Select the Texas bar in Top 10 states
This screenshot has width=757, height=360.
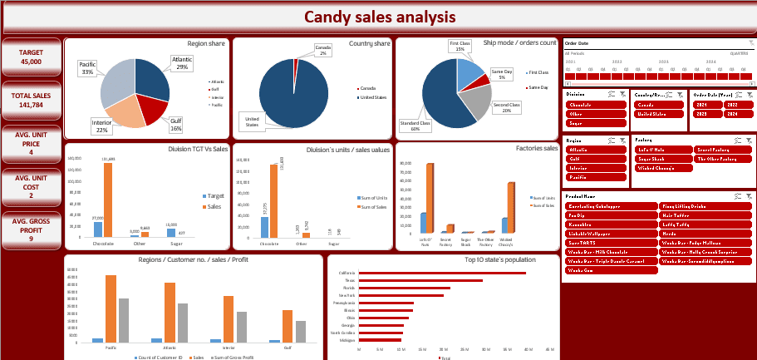point(420,281)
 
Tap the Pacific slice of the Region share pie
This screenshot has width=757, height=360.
point(116,82)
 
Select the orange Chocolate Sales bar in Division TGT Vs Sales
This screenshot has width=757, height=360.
point(107,200)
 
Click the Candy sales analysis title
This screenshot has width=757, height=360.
point(379,17)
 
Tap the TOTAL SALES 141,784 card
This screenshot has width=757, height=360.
point(32,101)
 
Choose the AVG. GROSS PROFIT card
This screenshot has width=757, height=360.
point(32,229)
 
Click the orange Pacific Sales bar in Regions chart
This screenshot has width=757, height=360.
point(111,308)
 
